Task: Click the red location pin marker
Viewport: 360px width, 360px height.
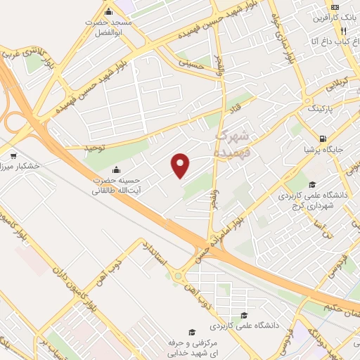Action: pyautogui.click(x=181, y=165)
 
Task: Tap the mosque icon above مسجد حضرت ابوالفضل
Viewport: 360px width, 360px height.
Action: pyautogui.click(x=108, y=12)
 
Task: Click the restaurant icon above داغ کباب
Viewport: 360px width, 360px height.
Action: pyautogui.click(x=343, y=32)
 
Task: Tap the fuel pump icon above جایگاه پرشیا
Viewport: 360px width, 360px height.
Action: pyautogui.click(x=322, y=139)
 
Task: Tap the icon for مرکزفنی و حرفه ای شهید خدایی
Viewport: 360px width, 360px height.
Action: pyautogui.click(x=190, y=332)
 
